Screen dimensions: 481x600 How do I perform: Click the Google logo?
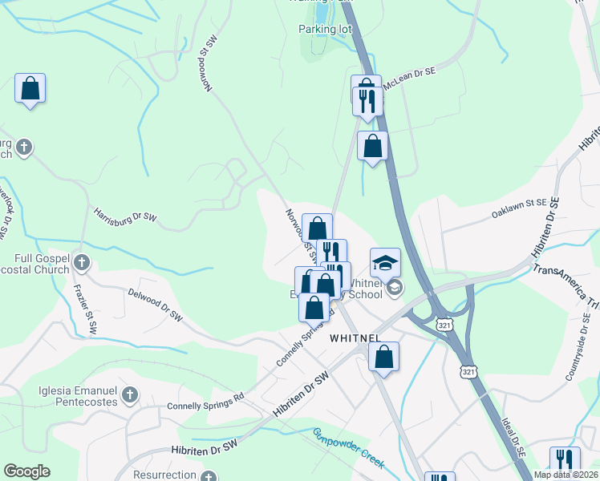pos(26,471)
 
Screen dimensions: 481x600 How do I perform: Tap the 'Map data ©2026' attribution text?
pos(566,475)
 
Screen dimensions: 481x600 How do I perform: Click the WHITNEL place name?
pos(355,338)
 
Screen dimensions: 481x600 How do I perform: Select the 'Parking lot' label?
pos(326,29)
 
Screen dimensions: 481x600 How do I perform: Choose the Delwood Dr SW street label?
pos(155,305)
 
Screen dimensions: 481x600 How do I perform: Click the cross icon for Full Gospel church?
pos(81,261)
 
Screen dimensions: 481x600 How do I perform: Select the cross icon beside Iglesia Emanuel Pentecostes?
pos(130,394)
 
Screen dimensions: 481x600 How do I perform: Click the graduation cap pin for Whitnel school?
pos(385,263)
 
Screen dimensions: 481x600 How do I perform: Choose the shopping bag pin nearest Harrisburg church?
pos(30,88)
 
